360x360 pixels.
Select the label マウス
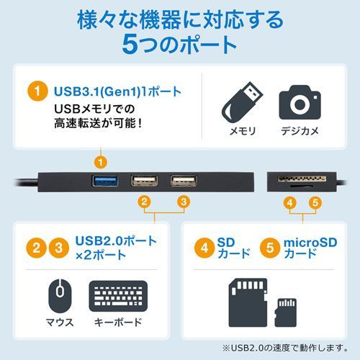click(x=60, y=322)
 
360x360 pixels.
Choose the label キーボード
click(x=118, y=322)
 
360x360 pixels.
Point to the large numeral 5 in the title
click(x=131, y=44)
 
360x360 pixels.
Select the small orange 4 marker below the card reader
click(x=289, y=203)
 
